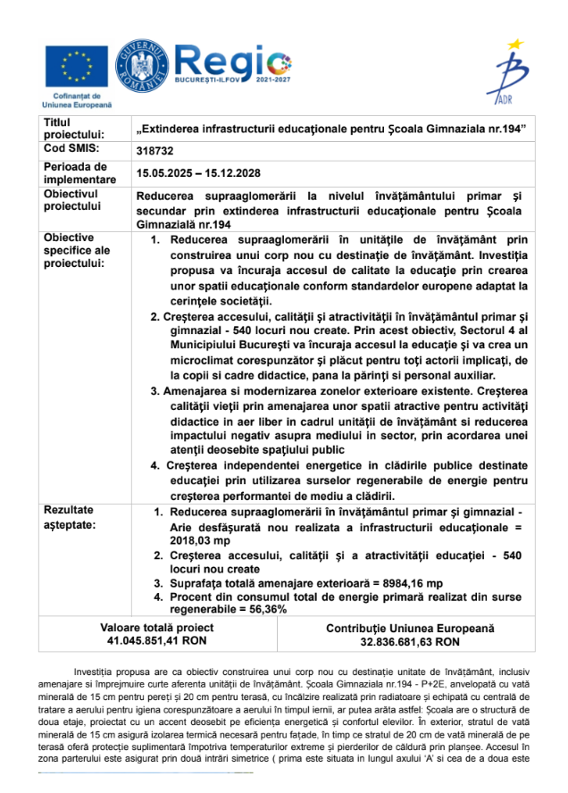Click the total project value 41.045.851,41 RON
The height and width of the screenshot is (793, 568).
[157, 640]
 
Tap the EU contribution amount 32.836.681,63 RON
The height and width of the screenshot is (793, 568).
[410, 641]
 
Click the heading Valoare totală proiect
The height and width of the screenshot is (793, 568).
[157, 628]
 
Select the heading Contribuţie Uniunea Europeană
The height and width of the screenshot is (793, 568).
[410, 629]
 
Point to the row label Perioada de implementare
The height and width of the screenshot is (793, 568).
[79, 172]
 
